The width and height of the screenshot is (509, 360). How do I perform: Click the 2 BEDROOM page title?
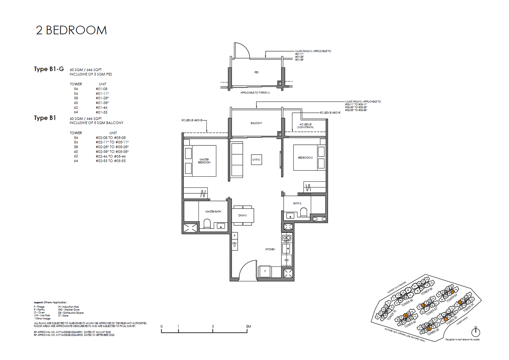pos(71,30)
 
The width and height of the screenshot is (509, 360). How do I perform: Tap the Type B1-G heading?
pos(49,69)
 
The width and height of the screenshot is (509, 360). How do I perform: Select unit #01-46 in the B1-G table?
pos(101,108)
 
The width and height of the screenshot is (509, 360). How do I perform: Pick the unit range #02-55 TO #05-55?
pos(110,161)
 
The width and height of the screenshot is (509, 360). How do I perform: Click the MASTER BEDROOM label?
pos(204,161)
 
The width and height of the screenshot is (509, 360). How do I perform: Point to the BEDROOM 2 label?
pos(305,158)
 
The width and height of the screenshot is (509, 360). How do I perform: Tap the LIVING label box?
pos(256,159)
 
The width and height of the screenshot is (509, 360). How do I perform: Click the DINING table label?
pos(242,215)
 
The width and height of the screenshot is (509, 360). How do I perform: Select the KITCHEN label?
pos(270,249)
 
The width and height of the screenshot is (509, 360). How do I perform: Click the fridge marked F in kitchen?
pos(265,271)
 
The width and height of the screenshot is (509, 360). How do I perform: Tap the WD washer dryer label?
pos(286,260)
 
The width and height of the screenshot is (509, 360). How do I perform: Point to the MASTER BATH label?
pos(213,211)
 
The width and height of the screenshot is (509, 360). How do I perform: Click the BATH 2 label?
pos(297,203)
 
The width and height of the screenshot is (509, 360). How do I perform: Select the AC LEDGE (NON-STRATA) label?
pos(305,126)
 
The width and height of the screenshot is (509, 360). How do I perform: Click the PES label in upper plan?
pos(256,72)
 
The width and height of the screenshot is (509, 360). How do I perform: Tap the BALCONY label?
pos(256,123)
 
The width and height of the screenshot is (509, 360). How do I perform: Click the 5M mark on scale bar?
pos(248,327)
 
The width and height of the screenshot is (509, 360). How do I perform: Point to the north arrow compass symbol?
pos(476,332)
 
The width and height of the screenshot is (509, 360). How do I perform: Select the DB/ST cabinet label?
pos(234,245)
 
